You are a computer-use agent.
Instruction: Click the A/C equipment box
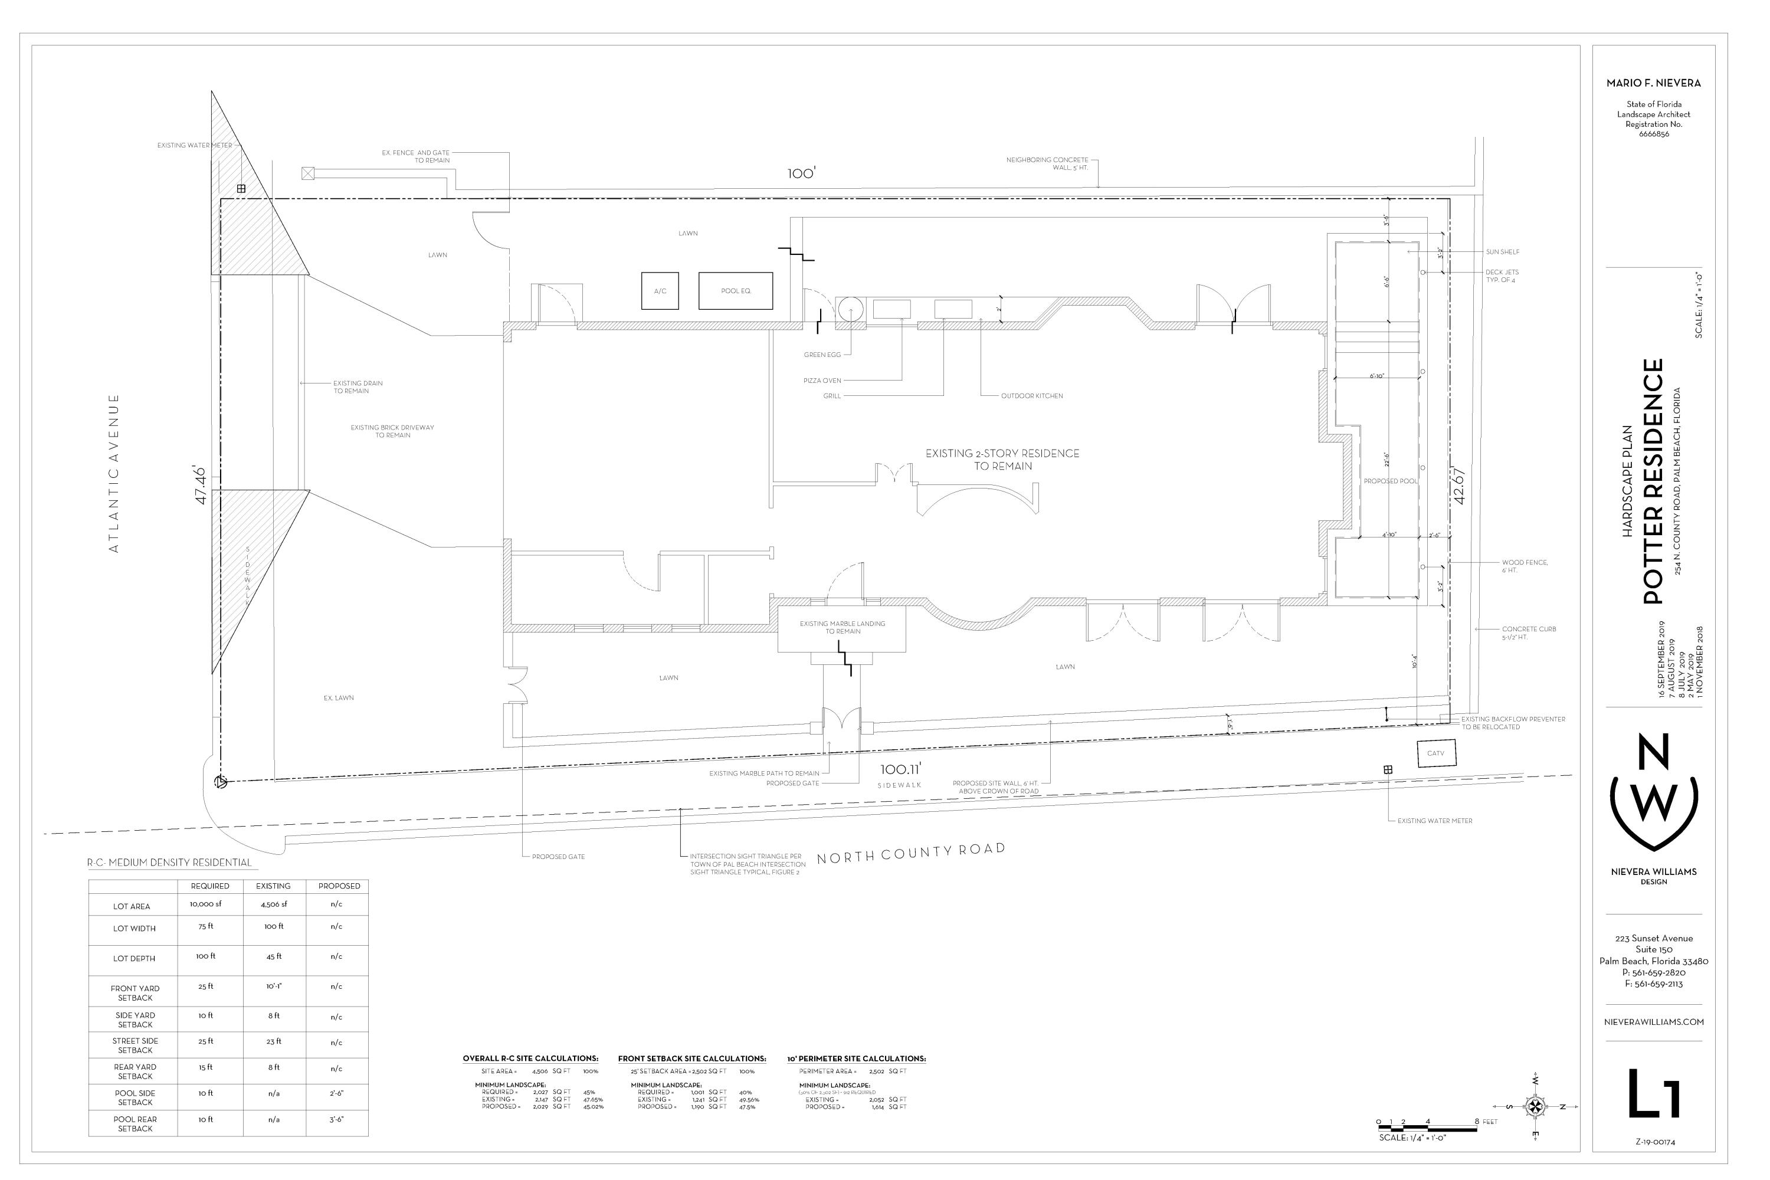click(x=660, y=290)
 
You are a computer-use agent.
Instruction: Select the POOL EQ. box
click(x=735, y=290)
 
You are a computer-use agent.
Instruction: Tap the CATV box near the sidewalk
click(x=1436, y=753)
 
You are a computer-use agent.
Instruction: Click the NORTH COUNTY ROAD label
click(x=910, y=853)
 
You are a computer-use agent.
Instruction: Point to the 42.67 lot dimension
click(x=1459, y=486)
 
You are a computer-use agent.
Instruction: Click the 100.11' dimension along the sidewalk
click(x=901, y=769)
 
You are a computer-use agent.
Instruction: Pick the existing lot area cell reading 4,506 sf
click(x=273, y=904)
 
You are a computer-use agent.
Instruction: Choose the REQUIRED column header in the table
click(x=210, y=886)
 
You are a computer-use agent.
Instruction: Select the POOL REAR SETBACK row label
click(x=136, y=1123)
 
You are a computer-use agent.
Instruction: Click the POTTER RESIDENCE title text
click(x=1653, y=481)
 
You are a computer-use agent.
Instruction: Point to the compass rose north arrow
click(x=1535, y=1106)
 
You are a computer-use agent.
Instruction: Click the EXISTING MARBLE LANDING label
click(x=842, y=627)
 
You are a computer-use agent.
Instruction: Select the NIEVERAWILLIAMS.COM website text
click(x=1653, y=1022)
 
